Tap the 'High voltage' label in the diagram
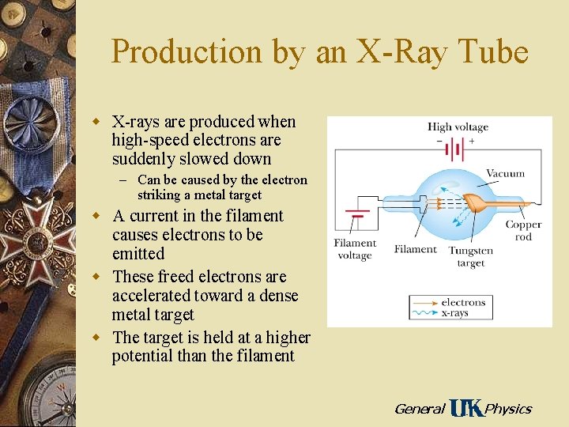pyautogui.click(x=458, y=127)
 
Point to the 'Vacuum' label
pyautogui.click(x=505, y=173)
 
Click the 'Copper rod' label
pyautogui.click(x=523, y=231)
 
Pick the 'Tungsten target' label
pyautogui.click(x=470, y=256)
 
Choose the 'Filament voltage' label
pyautogui.click(x=354, y=249)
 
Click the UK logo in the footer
pyautogui.click(x=465, y=408)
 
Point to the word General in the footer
pyautogui.click(x=419, y=409)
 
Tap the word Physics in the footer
pyautogui.click(x=507, y=409)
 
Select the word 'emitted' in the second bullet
pyautogui.click(x=138, y=254)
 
